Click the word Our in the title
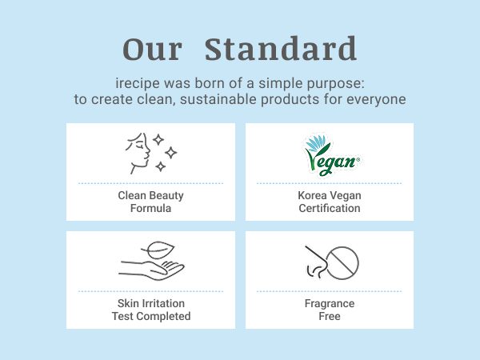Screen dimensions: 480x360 (153, 50)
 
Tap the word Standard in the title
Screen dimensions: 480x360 (281, 48)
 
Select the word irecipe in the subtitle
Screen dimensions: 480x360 (138, 83)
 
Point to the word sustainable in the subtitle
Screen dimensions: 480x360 (218, 99)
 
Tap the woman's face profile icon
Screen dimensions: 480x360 (138, 154)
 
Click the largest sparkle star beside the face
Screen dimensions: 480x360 (171, 153)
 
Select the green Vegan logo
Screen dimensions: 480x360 (332, 156)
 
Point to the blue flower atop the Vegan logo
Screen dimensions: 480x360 (316, 143)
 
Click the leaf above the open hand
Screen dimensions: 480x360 (158, 250)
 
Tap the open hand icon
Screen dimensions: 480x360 (151, 270)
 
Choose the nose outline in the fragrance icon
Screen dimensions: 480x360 (316, 262)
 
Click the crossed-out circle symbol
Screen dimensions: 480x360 (342, 263)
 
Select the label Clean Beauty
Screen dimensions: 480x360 (150, 195)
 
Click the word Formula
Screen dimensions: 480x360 (150, 208)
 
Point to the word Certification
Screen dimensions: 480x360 (330, 208)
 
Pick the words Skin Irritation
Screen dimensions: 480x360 (151, 303)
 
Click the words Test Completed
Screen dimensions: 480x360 (151, 316)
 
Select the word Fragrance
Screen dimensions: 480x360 (330, 304)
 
